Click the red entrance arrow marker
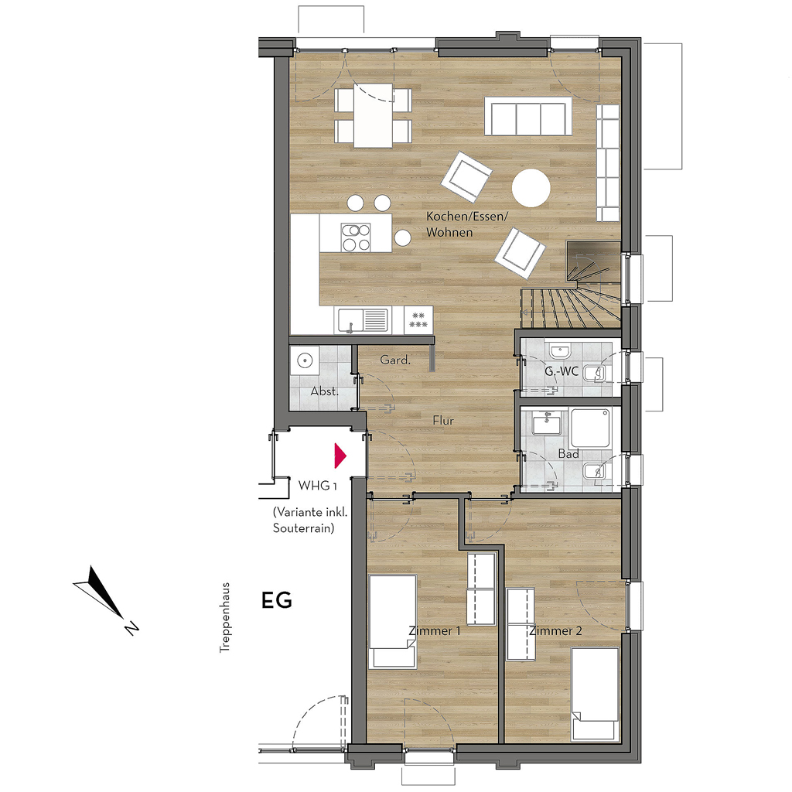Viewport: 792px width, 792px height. (x=340, y=456)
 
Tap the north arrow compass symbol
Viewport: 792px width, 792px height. (x=105, y=599)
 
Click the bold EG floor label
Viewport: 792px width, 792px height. (x=277, y=600)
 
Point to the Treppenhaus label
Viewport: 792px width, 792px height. (x=225, y=617)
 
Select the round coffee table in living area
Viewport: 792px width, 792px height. (x=531, y=188)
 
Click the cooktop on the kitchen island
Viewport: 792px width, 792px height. (x=356, y=237)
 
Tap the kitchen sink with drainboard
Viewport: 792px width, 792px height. (x=363, y=320)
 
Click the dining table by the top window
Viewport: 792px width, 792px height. (x=374, y=116)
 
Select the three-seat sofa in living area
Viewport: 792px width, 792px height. (x=528, y=117)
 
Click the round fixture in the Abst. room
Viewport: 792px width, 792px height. (x=305, y=360)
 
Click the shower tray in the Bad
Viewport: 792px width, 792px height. (x=591, y=427)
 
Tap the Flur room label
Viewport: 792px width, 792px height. (x=443, y=420)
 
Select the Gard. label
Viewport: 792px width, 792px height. (x=395, y=360)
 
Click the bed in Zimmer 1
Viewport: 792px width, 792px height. (x=393, y=622)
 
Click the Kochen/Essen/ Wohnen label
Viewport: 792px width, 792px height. (x=466, y=224)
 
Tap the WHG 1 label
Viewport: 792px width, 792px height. (x=317, y=486)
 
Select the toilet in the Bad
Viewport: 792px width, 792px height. (x=595, y=473)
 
